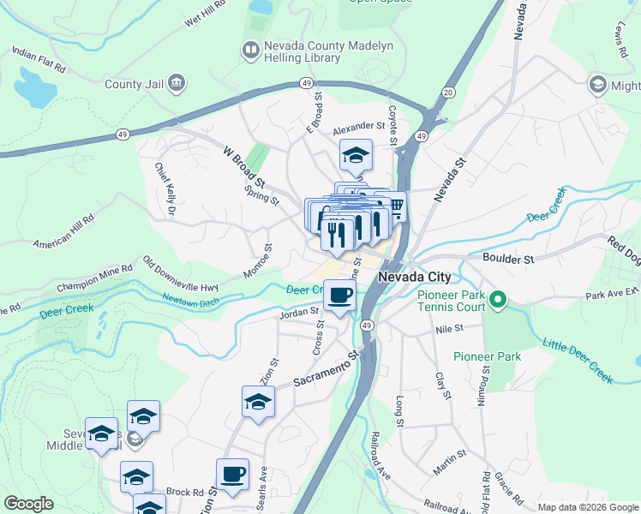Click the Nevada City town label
[415, 278]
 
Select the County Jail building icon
[177, 83]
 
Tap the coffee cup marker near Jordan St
[340, 296]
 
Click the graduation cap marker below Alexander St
[355, 156]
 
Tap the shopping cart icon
[397, 206]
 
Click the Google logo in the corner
[28, 504]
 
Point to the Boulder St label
[507, 258]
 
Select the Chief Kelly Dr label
[165, 188]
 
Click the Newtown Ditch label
[191, 299]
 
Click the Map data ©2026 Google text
[588, 507]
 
